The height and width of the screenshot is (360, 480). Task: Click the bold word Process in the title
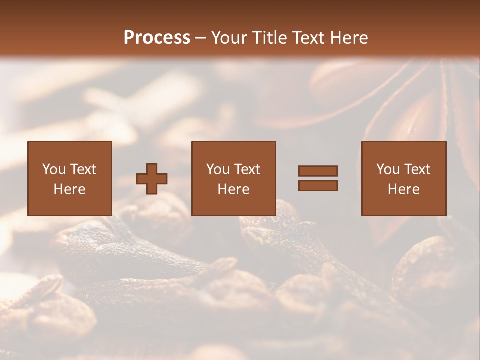[x=157, y=38]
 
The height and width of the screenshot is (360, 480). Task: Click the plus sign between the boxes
[x=152, y=178]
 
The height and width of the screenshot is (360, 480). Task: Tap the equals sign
[x=318, y=178]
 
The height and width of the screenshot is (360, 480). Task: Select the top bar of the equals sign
[x=318, y=171]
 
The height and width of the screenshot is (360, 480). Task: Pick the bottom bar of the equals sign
[x=318, y=186]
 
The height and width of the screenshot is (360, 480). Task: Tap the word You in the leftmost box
[x=53, y=169]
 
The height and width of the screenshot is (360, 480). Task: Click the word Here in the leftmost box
[x=70, y=189]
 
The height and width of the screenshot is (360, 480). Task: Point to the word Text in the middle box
[x=247, y=169]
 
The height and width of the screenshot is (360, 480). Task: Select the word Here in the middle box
[x=234, y=189]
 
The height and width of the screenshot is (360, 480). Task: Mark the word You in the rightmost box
[x=388, y=169]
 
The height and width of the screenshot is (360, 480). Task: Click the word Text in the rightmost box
[x=417, y=169]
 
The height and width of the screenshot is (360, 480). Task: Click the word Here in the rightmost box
[x=404, y=189]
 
